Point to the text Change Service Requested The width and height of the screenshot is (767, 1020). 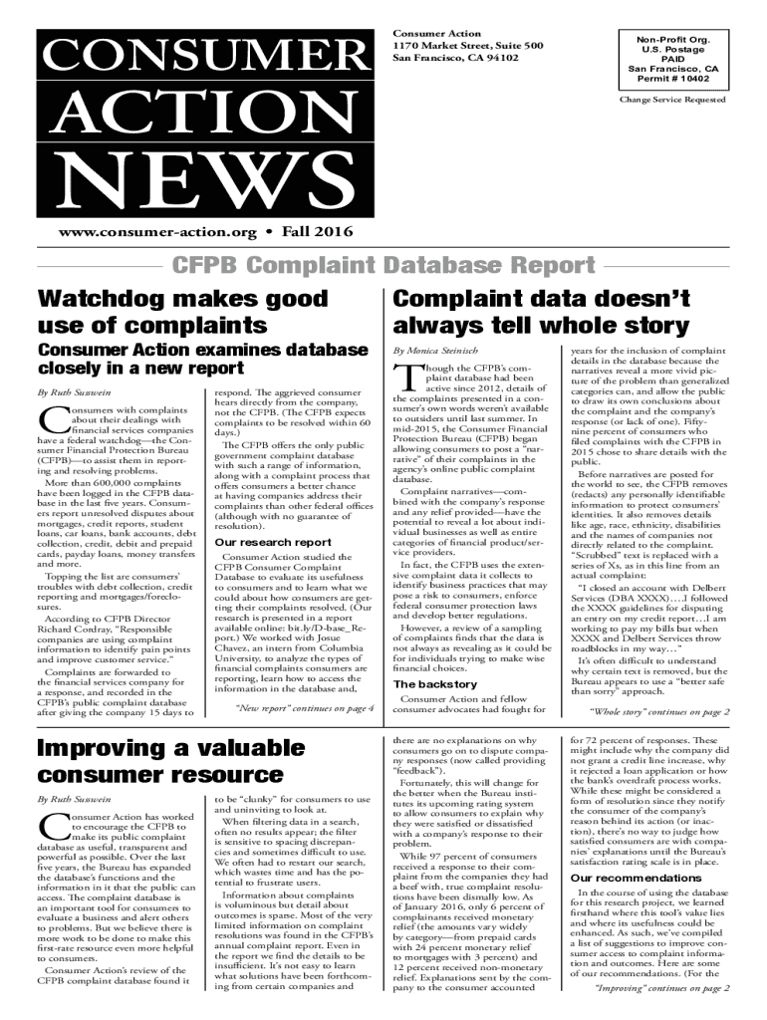click(x=672, y=101)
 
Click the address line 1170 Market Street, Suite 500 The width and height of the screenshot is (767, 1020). click(x=466, y=45)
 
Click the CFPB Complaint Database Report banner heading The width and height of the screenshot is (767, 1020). click(x=383, y=266)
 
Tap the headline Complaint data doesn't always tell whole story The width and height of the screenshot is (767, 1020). click(x=541, y=311)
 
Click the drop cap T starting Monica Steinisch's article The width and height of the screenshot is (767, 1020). click(x=403, y=378)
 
